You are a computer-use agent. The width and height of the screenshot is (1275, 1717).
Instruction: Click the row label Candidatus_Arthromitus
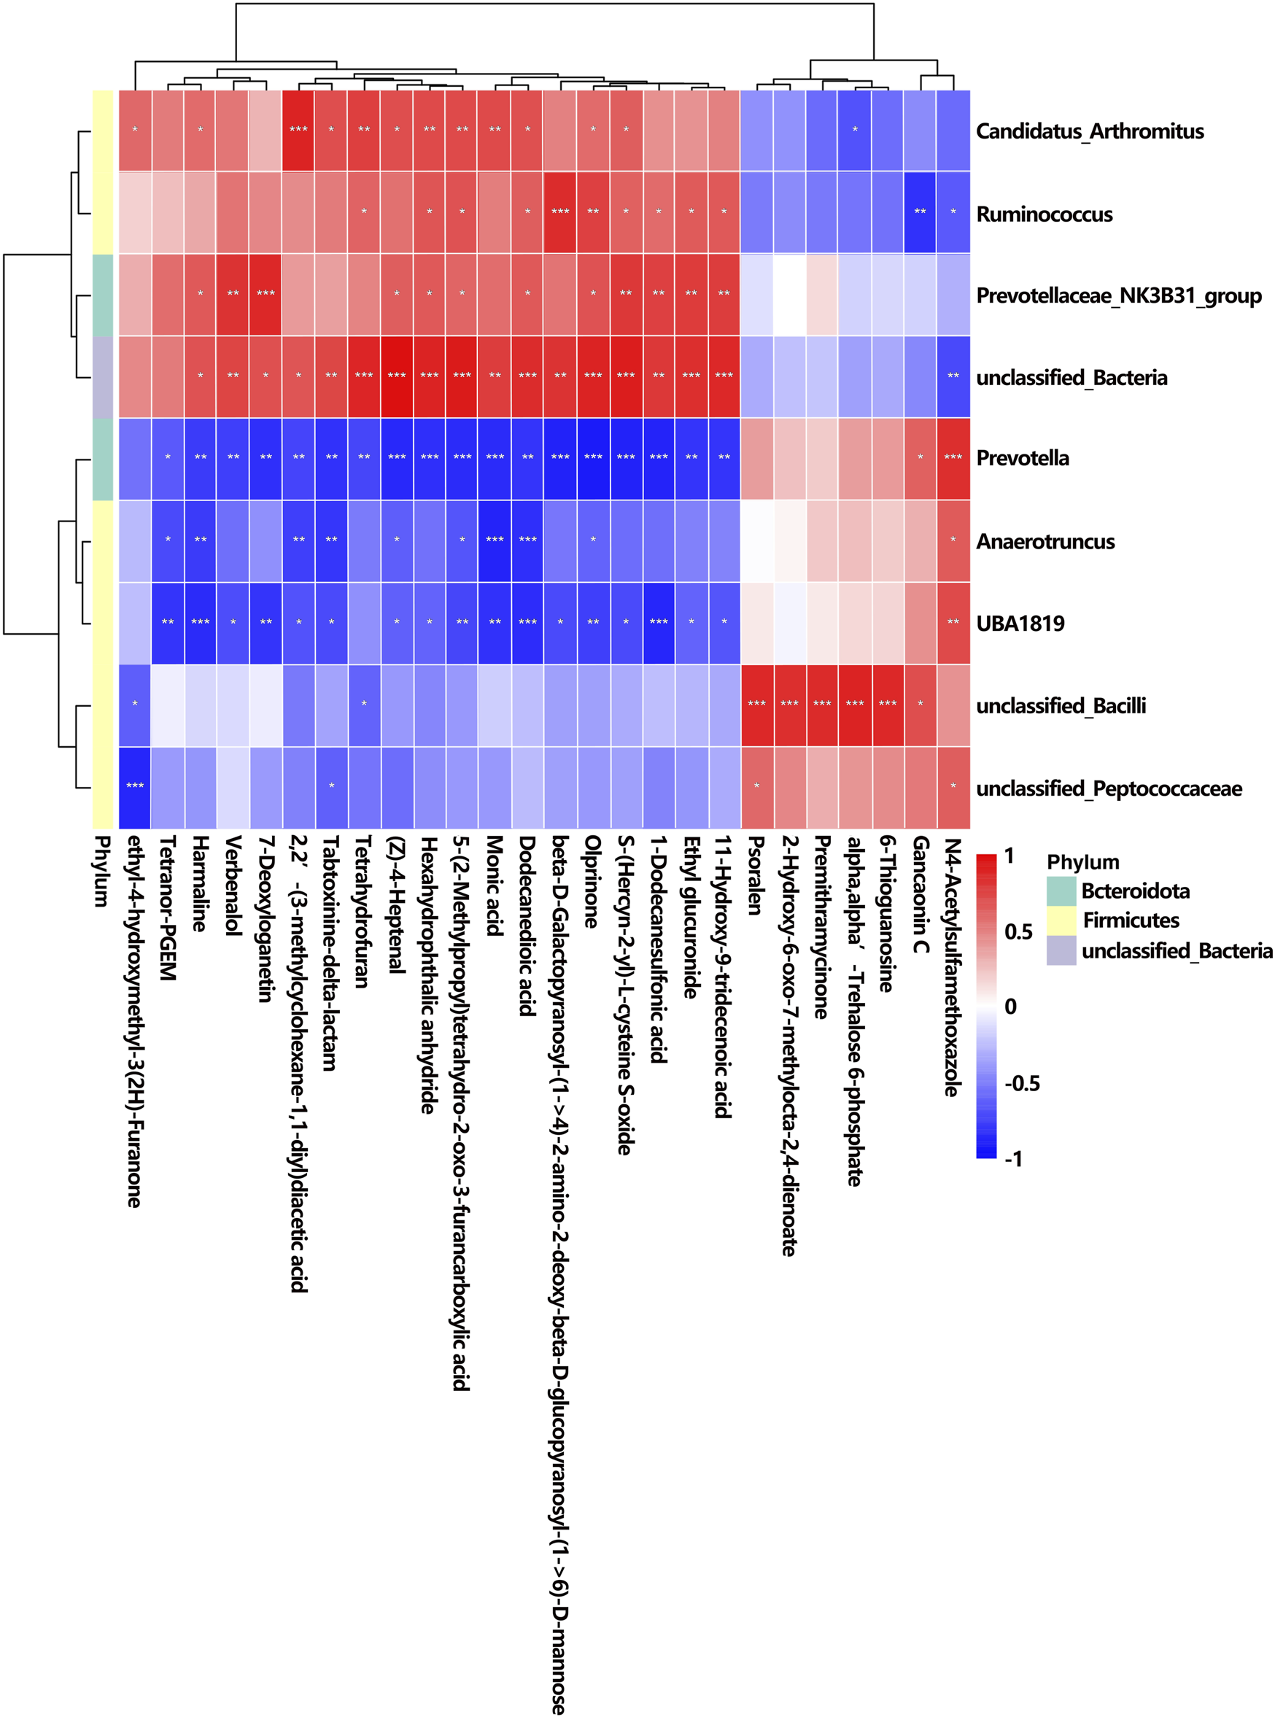pos(1089,131)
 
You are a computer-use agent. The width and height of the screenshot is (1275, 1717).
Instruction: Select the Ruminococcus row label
pos(1044,214)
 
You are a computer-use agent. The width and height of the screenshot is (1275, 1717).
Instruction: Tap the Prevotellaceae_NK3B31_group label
pos(1118,295)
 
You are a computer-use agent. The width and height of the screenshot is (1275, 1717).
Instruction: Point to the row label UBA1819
pos(1020,623)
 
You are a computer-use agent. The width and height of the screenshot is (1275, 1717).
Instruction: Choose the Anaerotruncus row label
pos(1045,541)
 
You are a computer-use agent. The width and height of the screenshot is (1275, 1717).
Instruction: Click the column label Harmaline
pos(200,883)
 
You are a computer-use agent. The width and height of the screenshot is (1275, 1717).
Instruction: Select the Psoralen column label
pos(756,875)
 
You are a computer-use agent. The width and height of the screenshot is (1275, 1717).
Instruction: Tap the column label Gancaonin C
pos(920,894)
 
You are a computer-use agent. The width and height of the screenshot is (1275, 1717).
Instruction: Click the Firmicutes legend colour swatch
pos(1061,920)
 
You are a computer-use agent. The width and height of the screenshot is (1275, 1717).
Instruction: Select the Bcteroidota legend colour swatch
pos(1061,891)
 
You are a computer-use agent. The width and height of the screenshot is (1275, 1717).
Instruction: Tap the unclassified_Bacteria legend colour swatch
pos(1061,950)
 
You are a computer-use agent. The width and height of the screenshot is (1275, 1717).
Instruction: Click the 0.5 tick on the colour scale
pos(1018,931)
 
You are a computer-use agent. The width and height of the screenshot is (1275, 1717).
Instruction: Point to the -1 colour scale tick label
pos(1013,1158)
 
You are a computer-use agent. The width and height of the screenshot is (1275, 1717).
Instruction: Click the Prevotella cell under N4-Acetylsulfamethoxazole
pos(953,457)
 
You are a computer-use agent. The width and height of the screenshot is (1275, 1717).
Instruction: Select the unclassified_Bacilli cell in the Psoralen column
pos(756,705)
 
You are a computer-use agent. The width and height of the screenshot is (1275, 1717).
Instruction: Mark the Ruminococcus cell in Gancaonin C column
pos(920,212)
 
